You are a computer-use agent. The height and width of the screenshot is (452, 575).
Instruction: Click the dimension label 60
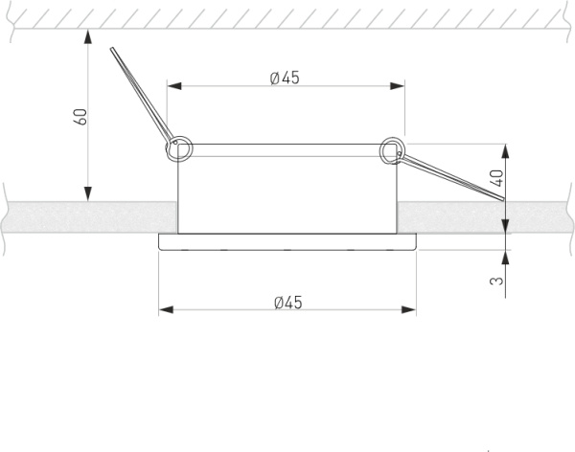(x=81, y=117)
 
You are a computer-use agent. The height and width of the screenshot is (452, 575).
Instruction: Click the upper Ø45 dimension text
(x=285, y=78)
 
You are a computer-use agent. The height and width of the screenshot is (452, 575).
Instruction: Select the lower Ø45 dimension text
(x=288, y=303)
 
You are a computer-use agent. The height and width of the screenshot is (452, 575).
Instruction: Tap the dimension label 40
(x=496, y=178)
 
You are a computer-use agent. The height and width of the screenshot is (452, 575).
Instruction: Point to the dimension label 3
(x=496, y=281)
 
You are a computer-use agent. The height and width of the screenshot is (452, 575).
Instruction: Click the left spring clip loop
(x=179, y=149)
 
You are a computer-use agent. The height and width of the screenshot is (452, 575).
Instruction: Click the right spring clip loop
(x=392, y=150)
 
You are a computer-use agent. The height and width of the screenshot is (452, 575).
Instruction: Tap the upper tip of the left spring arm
(x=112, y=49)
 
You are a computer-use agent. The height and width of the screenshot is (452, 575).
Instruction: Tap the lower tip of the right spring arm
(x=503, y=199)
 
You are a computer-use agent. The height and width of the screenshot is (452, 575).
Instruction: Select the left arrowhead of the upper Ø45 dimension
(x=174, y=86)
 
